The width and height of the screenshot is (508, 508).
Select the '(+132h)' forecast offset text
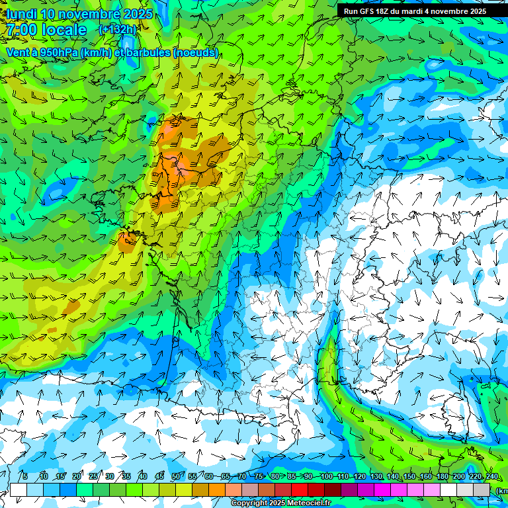(x=117, y=29)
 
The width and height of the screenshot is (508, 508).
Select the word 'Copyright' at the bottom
(x=248, y=503)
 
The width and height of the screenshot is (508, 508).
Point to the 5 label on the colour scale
(x=25, y=476)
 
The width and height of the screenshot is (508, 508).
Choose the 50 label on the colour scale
(x=175, y=476)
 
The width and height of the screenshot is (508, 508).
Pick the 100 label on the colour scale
(x=326, y=476)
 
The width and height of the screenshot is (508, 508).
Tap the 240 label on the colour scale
(x=492, y=476)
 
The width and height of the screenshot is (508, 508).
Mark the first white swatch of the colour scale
(x=19, y=489)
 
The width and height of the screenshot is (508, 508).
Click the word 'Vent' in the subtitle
(x=17, y=52)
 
